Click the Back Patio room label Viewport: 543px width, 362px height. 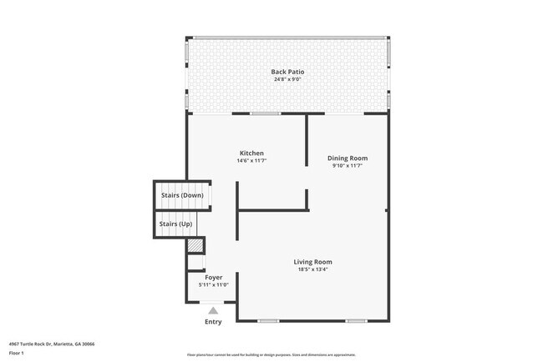287,72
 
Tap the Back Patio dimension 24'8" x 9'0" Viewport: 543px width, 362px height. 287,80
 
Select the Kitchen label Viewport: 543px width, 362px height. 251,153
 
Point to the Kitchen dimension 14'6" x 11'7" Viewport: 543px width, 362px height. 251,161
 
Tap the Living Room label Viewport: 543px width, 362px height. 312,262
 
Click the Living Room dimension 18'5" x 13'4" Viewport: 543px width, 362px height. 312,270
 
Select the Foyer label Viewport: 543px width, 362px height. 213,277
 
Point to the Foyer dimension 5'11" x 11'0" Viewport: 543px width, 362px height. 213,285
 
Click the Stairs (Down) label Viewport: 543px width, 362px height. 181,195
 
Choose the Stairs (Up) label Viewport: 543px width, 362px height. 176,224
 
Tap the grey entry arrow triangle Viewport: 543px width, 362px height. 213,310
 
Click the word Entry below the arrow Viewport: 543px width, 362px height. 213,322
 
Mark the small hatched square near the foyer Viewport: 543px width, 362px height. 195,247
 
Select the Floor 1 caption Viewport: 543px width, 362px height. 17,353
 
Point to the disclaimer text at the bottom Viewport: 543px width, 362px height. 271,354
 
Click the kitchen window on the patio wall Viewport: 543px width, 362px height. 266,113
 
